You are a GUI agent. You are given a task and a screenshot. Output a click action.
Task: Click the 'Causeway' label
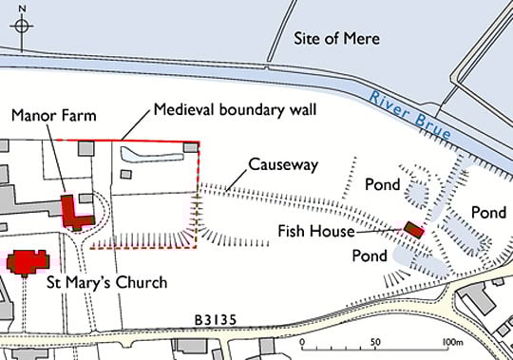(x=282, y=165)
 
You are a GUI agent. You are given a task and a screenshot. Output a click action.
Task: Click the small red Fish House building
(x=412, y=230)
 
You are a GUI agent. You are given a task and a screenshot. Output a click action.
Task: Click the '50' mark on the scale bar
(x=375, y=343)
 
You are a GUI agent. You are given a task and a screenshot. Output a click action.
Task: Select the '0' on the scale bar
(x=301, y=343)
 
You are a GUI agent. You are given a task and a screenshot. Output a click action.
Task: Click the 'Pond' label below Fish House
(x=369, y=256)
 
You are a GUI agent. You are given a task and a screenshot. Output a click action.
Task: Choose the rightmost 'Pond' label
(x=489, y=212)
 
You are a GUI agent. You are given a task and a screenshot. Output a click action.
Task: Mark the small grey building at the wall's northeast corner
(x=191, y=147)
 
